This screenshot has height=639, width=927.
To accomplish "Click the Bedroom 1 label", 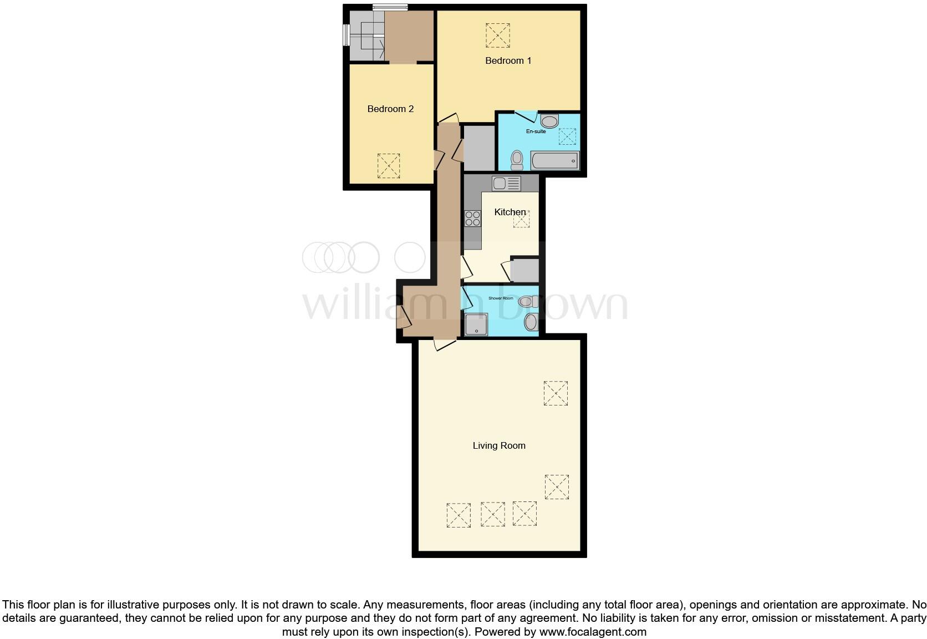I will click(508, 60).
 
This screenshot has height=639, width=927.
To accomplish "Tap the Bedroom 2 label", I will click(390, 109).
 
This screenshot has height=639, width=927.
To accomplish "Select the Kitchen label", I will click(510, 212).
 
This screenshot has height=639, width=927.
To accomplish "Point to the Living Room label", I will click(498, 445).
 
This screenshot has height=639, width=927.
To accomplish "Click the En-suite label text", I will click(536, 131).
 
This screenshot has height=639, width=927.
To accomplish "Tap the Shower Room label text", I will click(500, 298).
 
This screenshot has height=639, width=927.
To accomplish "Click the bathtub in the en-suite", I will click(555, 161).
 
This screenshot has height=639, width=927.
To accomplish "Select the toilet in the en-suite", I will click(517, 160).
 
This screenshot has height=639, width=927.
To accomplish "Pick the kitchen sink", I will click(506, 183).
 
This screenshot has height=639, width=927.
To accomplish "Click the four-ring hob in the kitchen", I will click(473, 218).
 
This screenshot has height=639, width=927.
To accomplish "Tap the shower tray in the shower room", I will click(476, 324).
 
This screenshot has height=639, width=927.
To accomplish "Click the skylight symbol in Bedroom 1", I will click(497, 35).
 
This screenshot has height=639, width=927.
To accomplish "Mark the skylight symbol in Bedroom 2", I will click(389, 166).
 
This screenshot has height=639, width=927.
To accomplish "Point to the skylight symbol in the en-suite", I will click(567, 136).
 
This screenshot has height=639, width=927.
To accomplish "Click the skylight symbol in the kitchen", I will click(521, 219).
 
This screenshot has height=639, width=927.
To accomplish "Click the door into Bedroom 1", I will click(449, 118).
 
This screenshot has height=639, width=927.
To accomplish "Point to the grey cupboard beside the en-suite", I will click(479, 148).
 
